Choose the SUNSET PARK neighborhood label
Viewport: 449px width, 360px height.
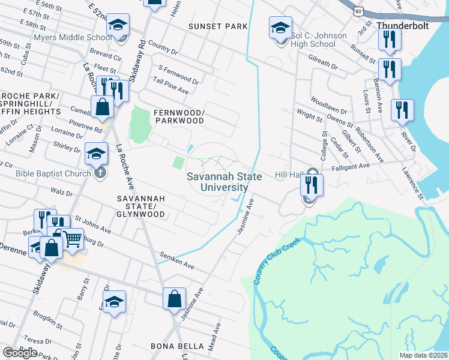pos(217,26)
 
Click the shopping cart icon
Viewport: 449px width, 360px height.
pos(73,238)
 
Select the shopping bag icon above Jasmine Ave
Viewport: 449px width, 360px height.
pos(174,298)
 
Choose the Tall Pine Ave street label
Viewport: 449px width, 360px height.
pos(171,91)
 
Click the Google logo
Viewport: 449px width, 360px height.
pos(20,353)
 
